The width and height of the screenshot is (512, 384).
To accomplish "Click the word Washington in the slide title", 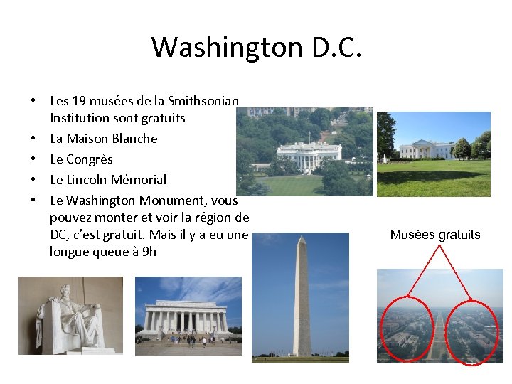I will (227, 48).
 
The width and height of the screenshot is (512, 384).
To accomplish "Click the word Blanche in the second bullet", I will (135, 138).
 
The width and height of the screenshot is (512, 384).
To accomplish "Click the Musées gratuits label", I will (435, 235).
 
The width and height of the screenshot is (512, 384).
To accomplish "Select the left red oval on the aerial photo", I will (407, 330).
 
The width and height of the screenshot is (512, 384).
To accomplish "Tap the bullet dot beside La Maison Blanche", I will (34, 139).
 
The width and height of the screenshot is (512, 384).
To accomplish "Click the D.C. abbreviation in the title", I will (336, 48).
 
